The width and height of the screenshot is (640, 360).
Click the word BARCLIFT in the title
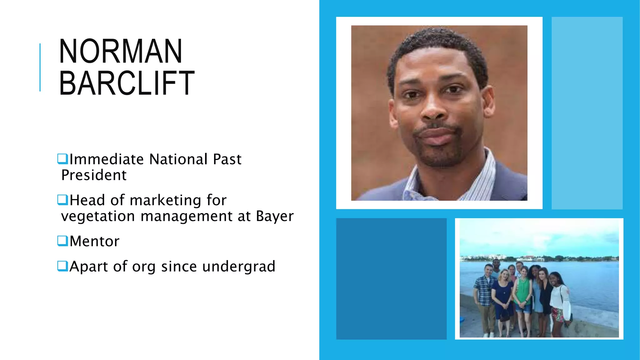[127, 83]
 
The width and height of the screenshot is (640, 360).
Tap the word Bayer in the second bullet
[275, 216]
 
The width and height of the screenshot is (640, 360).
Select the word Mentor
[94, 241]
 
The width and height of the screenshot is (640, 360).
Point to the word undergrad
[239, 267]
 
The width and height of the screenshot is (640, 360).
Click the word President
[94, 175]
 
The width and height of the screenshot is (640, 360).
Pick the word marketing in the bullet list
[165, 200]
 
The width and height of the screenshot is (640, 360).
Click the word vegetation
[98, 216]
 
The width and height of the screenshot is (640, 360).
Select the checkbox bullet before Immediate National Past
[62, 159]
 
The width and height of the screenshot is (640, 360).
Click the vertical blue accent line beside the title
[40, 67]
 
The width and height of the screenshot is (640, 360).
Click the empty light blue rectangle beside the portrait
[587, 113]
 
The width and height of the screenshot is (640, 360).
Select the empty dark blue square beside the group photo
[391, 278]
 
